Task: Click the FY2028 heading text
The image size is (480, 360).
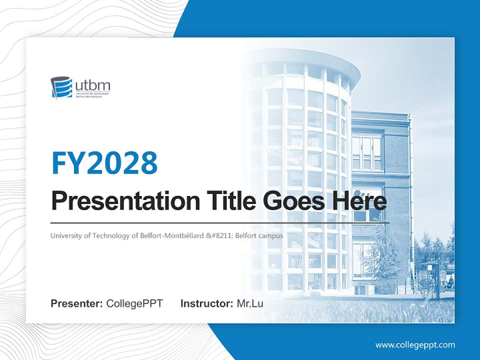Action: [x=104, y=162]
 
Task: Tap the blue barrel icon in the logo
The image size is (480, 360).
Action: [x=61, y=87]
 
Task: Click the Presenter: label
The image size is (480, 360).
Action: [x=76, y=303]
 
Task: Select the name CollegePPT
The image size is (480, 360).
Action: [x=134, y=303]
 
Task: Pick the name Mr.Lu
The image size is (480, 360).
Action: [x=249, y=303]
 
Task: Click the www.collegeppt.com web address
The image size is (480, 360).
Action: [x=415, y=345]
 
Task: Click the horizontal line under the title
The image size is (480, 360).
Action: [x=220, y=222]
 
